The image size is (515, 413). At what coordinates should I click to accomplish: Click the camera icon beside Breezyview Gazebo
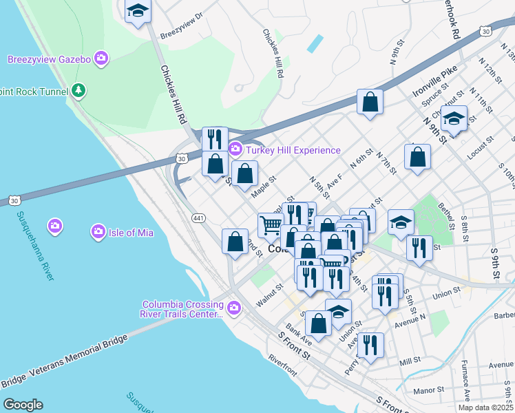coord(101,59)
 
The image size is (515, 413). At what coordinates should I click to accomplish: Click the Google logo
coord(23,405)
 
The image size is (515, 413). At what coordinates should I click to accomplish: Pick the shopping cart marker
coord(271,224)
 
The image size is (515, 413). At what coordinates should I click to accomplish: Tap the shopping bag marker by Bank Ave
coord(318,323)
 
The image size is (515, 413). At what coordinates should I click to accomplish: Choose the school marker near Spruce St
coord(454,119)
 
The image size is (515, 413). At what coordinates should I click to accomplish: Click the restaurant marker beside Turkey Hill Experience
coord(215,138)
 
